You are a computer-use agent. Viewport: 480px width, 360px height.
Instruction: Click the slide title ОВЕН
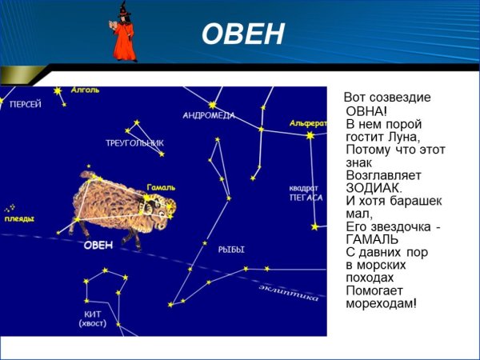tap(242, 34)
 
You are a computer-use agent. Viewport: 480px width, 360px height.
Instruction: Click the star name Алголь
tap(85, 90)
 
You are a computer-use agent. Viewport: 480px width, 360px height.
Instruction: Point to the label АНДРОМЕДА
tap(208, 116)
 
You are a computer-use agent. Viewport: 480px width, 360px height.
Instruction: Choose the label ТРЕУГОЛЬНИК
tap(134, 143)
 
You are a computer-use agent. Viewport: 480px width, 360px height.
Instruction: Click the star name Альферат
tap(308, 123)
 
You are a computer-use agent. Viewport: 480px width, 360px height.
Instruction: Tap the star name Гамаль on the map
tap(161, 188)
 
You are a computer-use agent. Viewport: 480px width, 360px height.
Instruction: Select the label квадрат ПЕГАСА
tap(306, 193)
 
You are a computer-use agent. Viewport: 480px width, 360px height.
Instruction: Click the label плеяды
tap(19, 218)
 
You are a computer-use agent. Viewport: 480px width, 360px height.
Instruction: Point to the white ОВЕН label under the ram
tap(99, 245)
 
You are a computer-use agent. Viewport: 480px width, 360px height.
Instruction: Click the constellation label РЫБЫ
tap(231, 250)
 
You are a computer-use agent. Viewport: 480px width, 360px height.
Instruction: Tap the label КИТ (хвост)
tap(93, 318)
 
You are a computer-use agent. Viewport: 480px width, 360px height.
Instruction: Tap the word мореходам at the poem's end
tap(380, 303)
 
